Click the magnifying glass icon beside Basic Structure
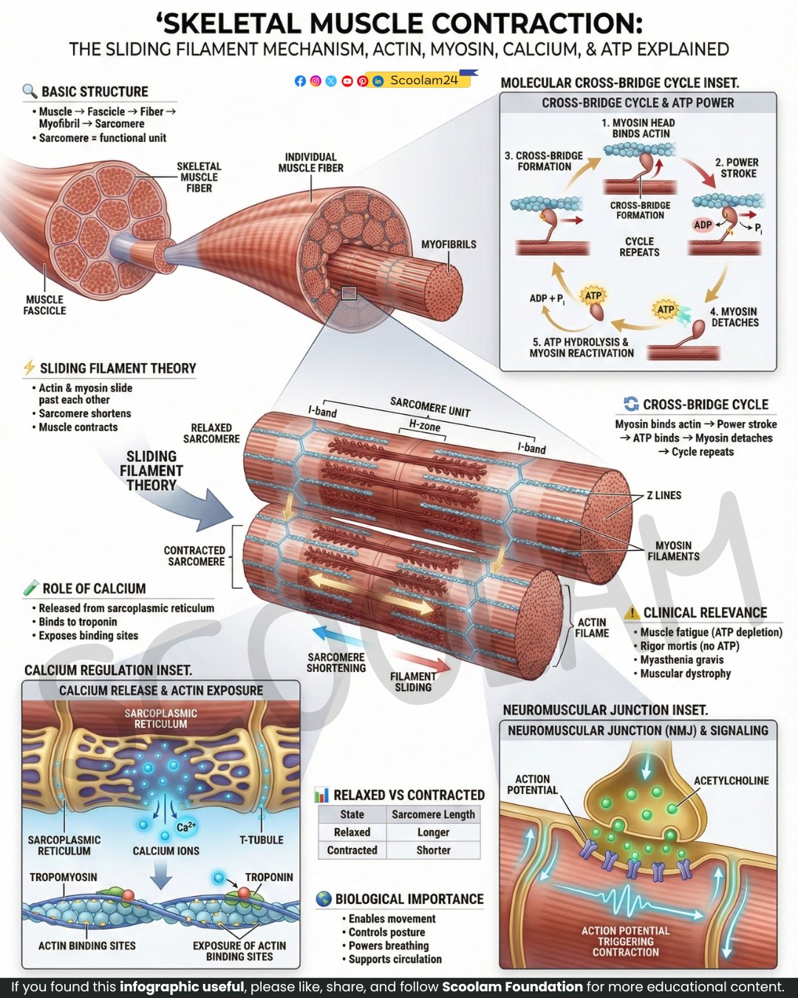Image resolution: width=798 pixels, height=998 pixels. pyautogui.click(x=30, y=91)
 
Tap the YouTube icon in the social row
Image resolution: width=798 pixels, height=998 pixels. pyautogui.click(x=347, y=81)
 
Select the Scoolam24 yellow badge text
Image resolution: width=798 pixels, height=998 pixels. pyautogui.click(x=424, y=81)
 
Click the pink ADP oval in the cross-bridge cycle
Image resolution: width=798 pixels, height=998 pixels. pyautogui.click(x=703, y=225)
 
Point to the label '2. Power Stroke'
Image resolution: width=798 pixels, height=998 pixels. pyautogui.click(x=737, y=168)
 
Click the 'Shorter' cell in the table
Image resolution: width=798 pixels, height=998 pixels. pyautogui.click(x=433, y=850)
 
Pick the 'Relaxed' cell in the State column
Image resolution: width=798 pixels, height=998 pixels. pyautogui.click(x=352, y=832)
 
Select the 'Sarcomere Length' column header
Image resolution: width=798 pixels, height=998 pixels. pyautogui.click(x=433, y=815)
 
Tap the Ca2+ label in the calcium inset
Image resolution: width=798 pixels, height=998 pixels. pyautogui.click(x=186, y=827)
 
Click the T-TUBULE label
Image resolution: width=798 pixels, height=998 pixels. pyautogui.click(x=261, y=840)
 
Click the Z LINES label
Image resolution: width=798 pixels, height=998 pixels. pyautogui.click(x=664, y=495)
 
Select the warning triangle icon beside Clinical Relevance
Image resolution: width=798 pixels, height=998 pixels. pyautogui.click(x=632, y=613)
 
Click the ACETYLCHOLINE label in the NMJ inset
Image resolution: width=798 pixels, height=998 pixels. pyautogui.click(x=731, y=781)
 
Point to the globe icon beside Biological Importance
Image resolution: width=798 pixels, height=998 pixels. pyautogui.click(x=323, y=899)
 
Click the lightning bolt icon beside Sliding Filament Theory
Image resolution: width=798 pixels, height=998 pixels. pyautogui.click(x=29, y=367)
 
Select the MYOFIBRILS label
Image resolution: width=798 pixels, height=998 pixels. pyautogui.click(x=449, y=245)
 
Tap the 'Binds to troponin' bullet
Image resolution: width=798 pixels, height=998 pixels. pyautogui.click(x=75, y=622)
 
